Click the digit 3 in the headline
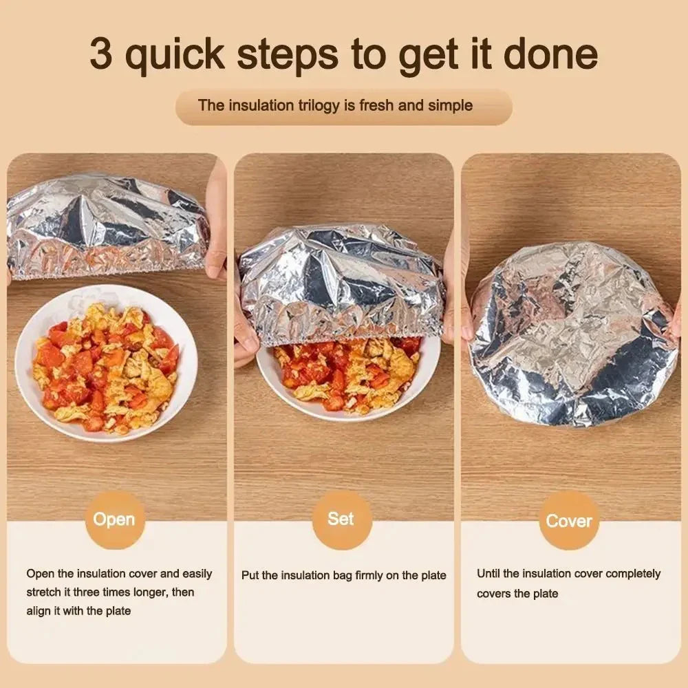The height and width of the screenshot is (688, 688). pos(101,56)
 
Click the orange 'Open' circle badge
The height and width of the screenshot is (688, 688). pos(114,519)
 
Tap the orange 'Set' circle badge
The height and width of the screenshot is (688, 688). pos(341,519)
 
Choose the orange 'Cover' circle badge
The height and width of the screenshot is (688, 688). pos(569,521)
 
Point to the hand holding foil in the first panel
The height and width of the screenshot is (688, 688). pos(216,220)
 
